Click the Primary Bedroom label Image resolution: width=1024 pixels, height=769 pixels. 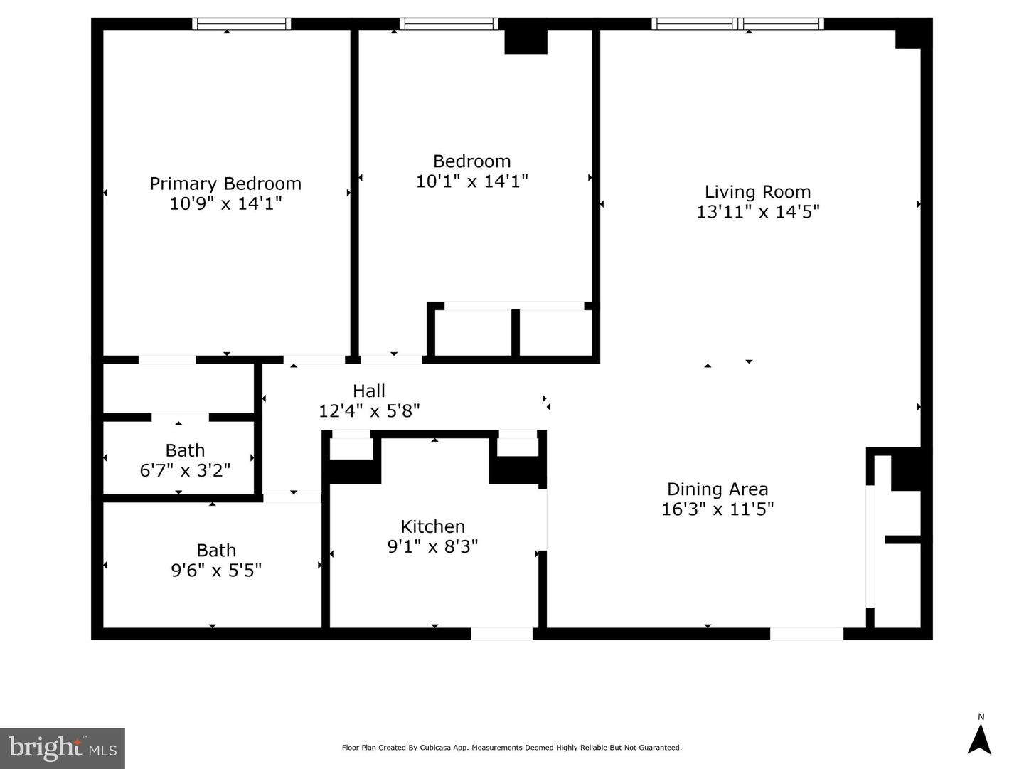click(x=225, y=184)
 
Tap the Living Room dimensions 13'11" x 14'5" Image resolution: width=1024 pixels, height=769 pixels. click(x=757, y=212)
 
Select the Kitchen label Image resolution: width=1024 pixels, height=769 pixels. click(x=433, y=526)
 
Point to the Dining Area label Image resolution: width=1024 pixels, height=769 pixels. click(x=718, y=489)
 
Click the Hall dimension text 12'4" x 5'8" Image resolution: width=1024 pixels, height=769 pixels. click(x=369, y=410)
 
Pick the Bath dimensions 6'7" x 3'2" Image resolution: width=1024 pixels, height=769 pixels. click(x=185, y=470)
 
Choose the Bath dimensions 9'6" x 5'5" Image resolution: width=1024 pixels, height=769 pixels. click(x=216, y=570)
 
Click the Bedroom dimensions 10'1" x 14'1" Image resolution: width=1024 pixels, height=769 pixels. click(x=471, y=181)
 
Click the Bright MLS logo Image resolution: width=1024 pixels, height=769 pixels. click(x=63, y=748)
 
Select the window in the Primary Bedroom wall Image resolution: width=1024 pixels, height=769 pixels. click(x=242, y=23)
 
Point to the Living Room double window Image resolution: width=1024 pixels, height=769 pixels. click(x=737, y=23)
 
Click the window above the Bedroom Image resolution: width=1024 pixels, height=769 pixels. click(x=449, y=23)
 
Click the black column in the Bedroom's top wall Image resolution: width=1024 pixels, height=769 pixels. click(x=526, y=41)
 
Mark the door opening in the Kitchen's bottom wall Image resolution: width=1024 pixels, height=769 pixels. click(x=501, y=634)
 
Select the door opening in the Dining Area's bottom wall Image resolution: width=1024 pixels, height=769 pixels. click(x=806, y=634)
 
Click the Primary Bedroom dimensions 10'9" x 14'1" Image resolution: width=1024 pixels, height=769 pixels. click(x=225, y=203)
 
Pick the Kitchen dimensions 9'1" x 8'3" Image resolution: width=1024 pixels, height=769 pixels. click(x=433, y=546)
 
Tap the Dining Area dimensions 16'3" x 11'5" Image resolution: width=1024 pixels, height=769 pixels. click(x=718, y=509)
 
